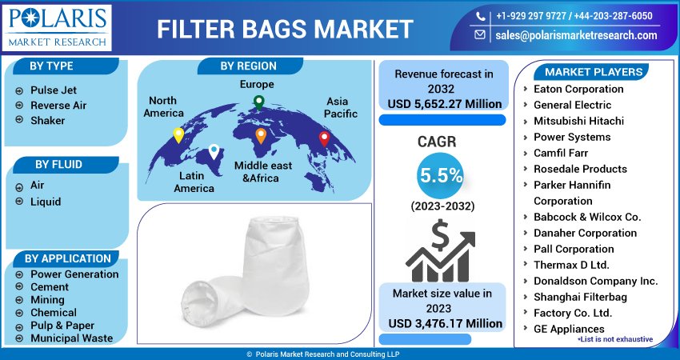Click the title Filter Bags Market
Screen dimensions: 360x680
coord(284,29)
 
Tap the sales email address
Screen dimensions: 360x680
coord(576,35)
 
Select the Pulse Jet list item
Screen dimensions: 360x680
coord(54,90)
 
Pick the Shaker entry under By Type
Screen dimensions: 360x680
coord(47,121)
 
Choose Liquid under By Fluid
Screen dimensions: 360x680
coord(46,202)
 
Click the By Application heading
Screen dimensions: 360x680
coord(67,258)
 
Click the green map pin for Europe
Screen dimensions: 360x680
coord(258,102)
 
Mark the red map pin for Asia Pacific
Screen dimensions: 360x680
coord(324,138)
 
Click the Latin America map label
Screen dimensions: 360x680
coord(194,182)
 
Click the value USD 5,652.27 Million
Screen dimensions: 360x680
coord(445,104)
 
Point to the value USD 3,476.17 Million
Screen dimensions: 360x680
coord(445,324)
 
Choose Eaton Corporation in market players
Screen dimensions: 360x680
coord(578,89)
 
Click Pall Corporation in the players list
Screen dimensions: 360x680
coord(574,249)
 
